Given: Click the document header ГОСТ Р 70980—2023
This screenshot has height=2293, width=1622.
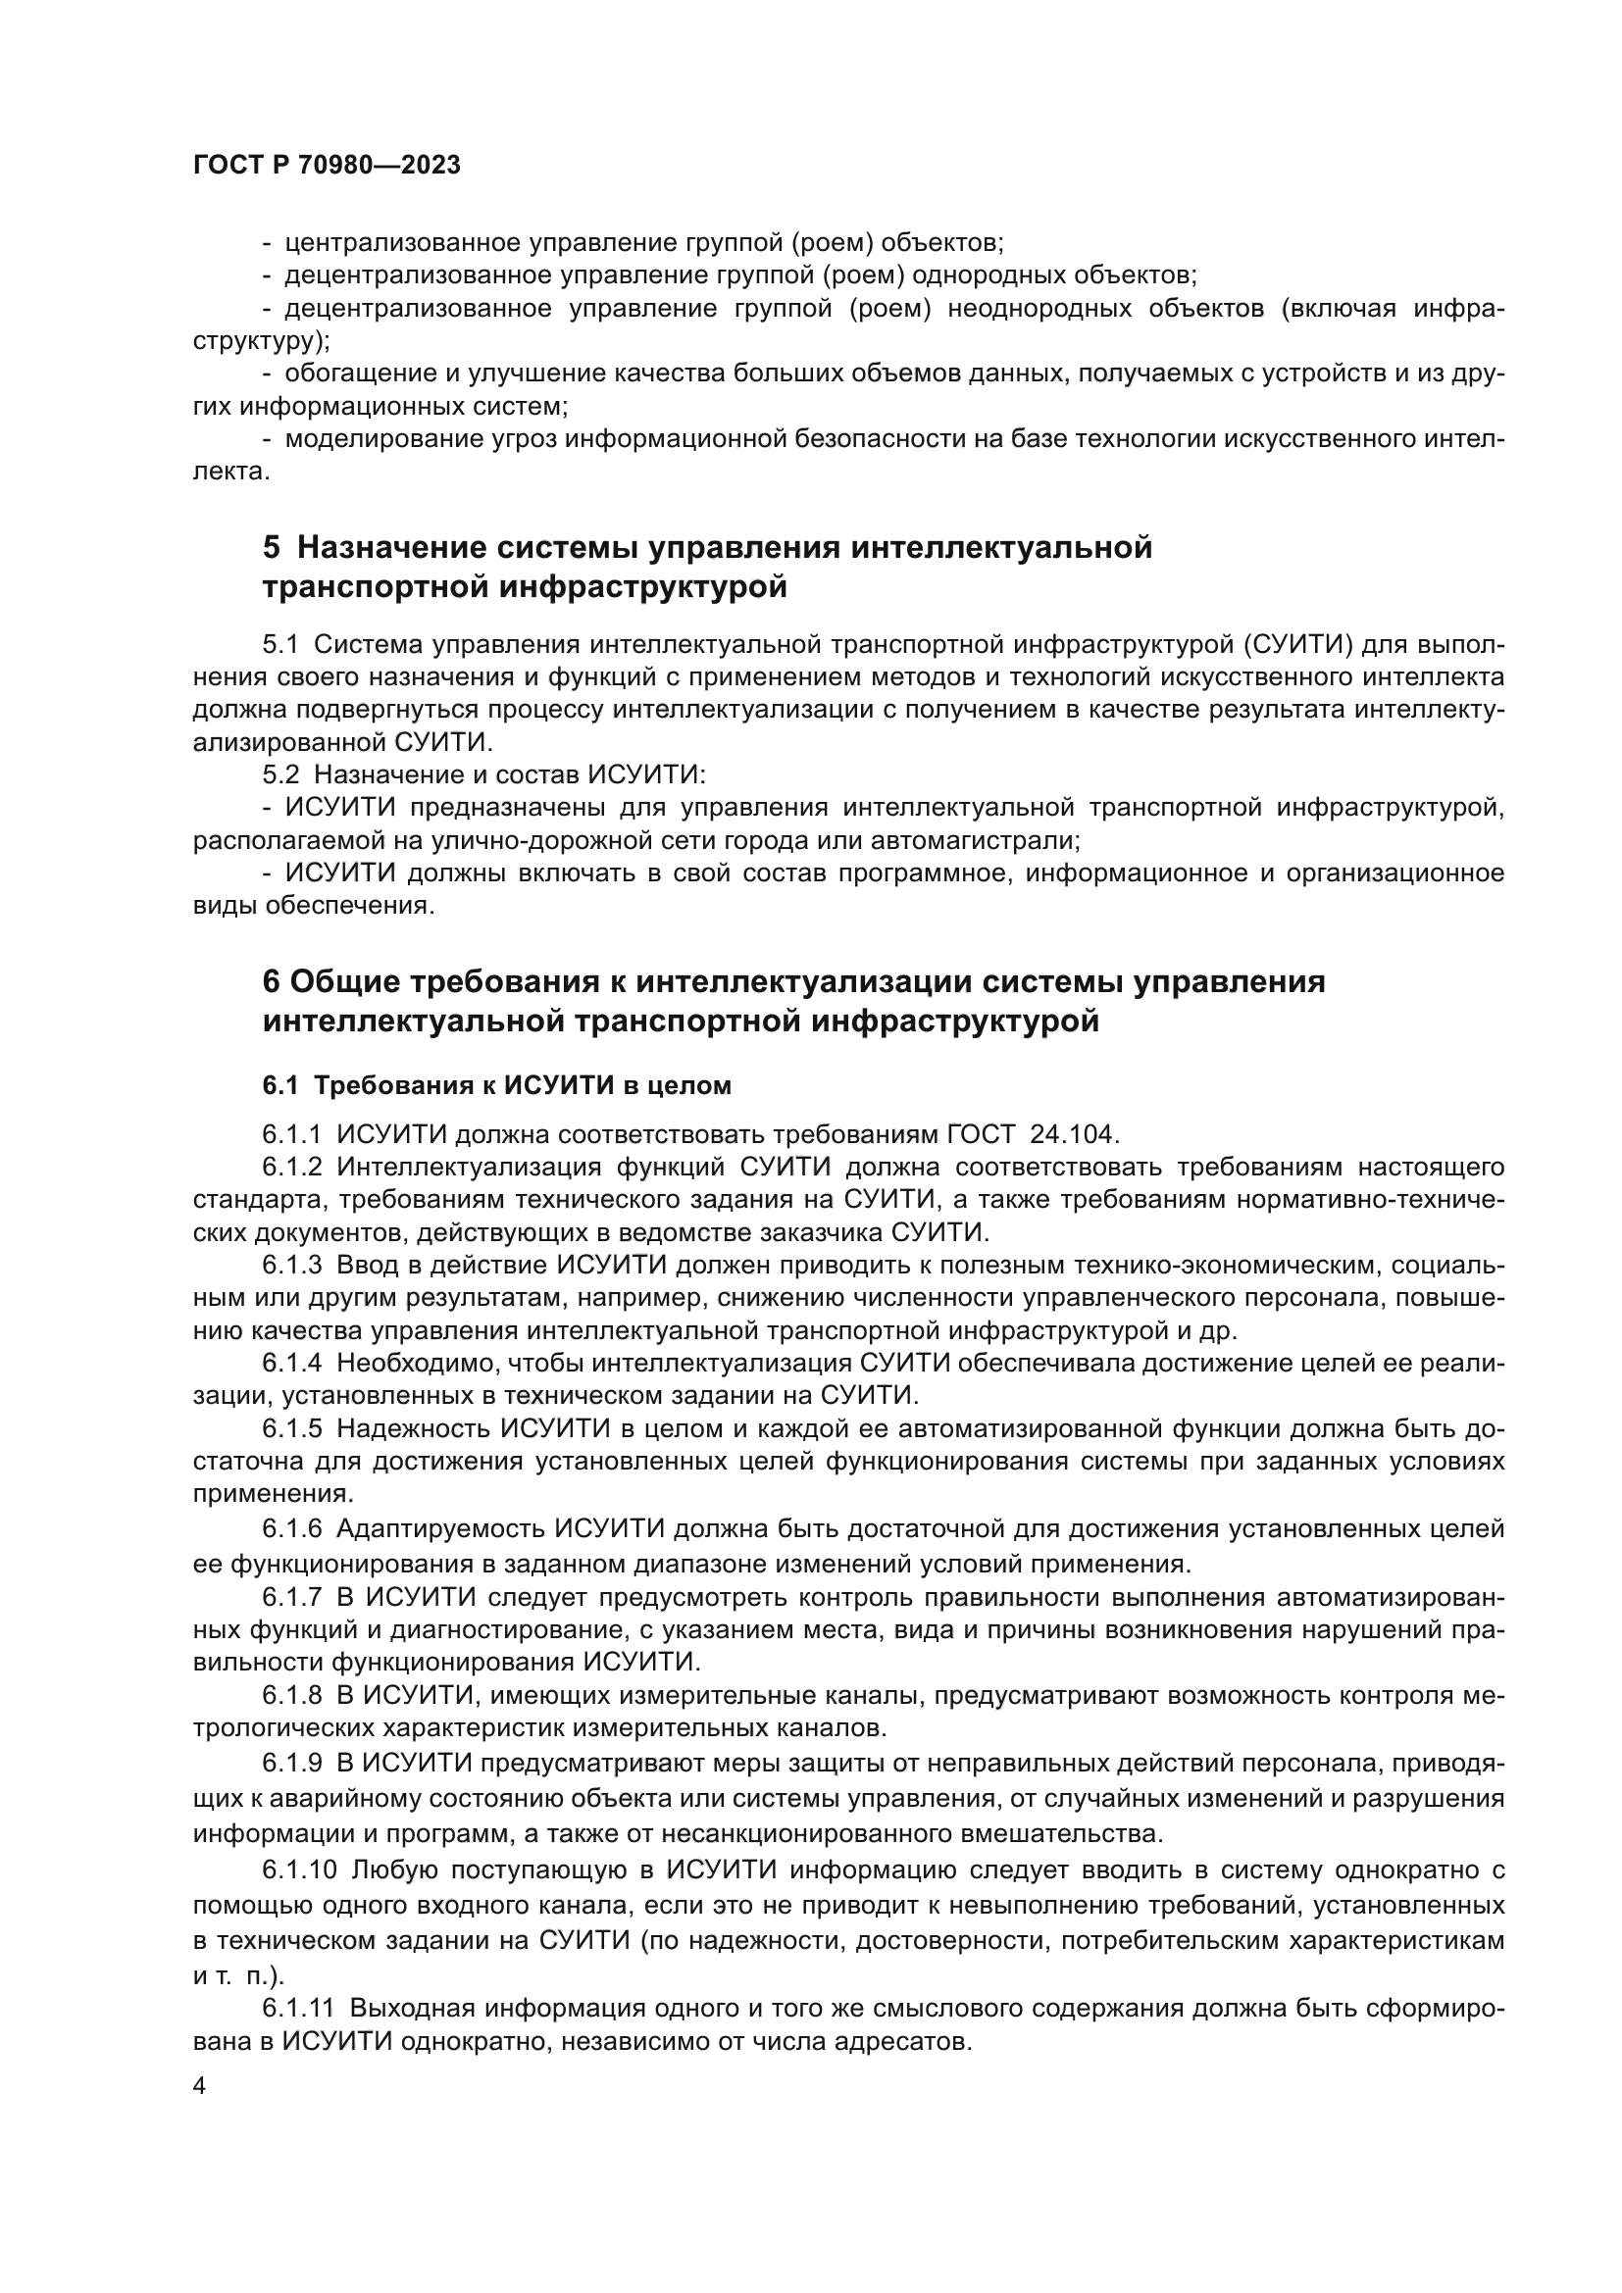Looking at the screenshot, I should click(327, 166).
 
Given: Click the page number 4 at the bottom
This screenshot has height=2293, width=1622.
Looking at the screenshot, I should click(200, 2087).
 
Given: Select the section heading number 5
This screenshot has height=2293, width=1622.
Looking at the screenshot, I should click(272, 548).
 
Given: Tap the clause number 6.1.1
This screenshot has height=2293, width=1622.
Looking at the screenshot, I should click(291, 1134).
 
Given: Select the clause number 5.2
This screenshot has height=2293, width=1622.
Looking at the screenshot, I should click(280, 775).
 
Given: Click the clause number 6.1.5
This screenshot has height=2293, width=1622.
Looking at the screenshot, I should click(291, 1429).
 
